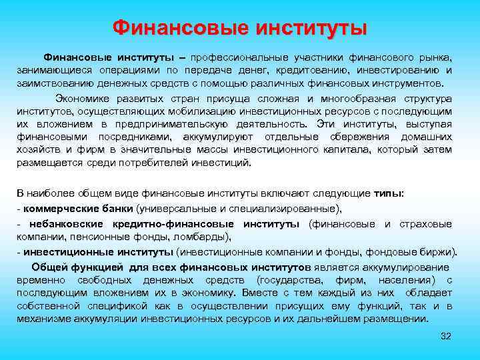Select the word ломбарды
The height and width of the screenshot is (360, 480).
pos(206,236)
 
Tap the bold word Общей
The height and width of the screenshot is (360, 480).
pos(53,267)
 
